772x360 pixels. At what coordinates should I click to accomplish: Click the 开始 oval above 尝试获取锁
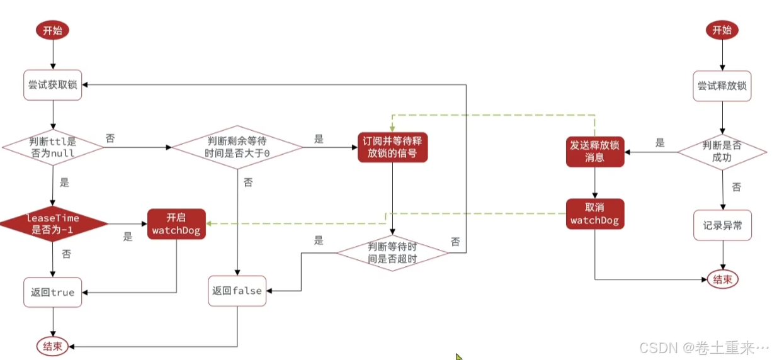53,30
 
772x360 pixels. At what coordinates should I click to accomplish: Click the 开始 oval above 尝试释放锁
722,30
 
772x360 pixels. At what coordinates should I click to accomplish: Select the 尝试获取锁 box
53,84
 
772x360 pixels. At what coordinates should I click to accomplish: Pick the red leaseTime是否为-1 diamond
53,223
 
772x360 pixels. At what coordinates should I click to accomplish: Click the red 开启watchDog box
176,223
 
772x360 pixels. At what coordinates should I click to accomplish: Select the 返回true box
53,292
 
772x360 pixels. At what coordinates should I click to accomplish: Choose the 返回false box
237,290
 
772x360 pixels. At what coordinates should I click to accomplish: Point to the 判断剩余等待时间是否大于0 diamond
237,148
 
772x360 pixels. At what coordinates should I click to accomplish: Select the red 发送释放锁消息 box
595,151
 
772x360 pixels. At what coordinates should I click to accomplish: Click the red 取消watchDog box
595,215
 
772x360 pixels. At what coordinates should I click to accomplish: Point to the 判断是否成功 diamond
722,151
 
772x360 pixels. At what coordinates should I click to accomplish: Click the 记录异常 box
722,225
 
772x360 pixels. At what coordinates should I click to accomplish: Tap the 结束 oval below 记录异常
722,279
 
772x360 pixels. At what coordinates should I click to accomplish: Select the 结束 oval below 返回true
53,346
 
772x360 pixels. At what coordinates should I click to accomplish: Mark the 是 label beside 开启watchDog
128,237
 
